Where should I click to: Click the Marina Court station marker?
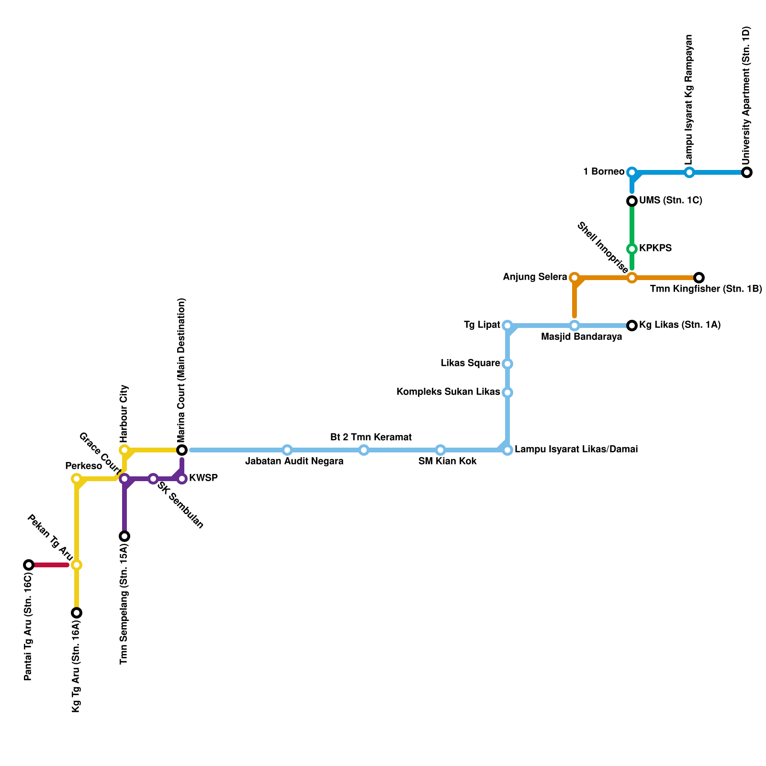click(x=182, y=450)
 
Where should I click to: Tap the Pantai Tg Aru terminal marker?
click(x=29, y=565)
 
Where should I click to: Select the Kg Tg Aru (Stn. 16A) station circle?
click(x=77, y=613)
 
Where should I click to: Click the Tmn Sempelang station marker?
click(x=124, y=536)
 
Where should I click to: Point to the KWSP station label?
click(x=203, y=478)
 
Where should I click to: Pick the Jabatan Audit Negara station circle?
click(x=287, y=450)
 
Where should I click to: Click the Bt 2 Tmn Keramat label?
click(x=371, y=437)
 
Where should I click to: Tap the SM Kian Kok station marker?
click(x=440, y=450)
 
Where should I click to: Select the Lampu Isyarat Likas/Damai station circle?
click(x=507, y=450)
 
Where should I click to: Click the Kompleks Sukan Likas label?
click(x=448, y=392)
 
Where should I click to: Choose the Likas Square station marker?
click(x=507, y=364)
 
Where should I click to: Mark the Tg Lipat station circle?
click(x=507, y=326)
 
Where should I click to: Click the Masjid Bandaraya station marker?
click(x=574, y=326)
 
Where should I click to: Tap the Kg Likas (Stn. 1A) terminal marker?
click(x=632, y=326)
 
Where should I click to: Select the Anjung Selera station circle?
click(x=574, y=278)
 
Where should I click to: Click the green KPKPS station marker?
click(x=632, y=248)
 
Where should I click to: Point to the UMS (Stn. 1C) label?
click(x=670, y=201)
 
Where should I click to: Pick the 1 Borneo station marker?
click(x=632, y=172)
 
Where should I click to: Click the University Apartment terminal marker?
click(x=746, y=172)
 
